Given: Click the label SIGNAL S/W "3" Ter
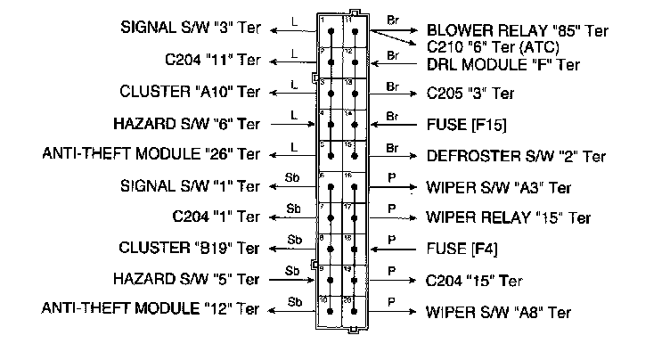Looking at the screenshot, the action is (x=191, y=29).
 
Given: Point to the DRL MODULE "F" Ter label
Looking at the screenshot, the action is (x=502, y=64).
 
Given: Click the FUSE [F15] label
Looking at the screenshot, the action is (x=461, y=124).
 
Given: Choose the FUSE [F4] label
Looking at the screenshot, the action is (x=455, y=248).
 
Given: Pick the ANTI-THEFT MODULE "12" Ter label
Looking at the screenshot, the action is (x=151, y=309).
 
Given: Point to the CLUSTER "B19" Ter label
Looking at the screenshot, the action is (x=190, y=247).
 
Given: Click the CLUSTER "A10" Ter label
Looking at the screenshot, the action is (x=190, y=92).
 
